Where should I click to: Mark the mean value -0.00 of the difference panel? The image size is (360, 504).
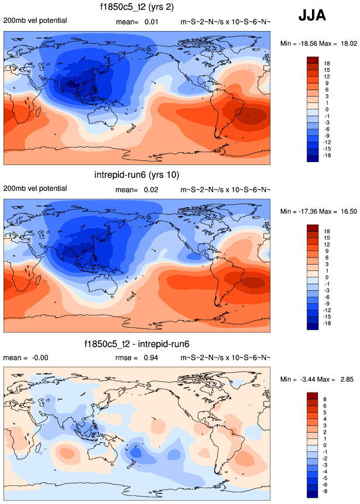pyautogui.click(x=35, y=357)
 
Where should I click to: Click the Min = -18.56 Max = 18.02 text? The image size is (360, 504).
pyautogui.click(x=316, y=43)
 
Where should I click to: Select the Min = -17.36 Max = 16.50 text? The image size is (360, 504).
pyautogui.click(x=316, y=211)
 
